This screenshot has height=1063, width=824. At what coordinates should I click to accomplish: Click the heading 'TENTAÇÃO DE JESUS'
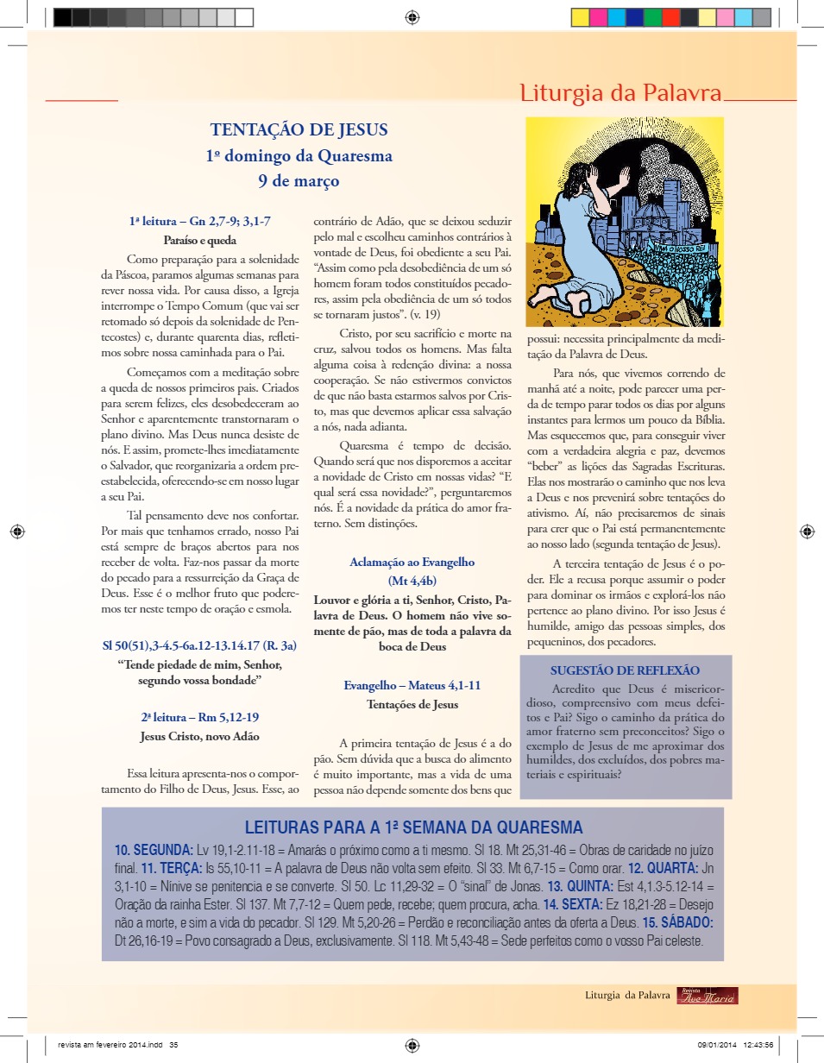[x=299, y=130]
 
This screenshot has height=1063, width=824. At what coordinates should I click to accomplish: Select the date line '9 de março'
[x=299, y=181]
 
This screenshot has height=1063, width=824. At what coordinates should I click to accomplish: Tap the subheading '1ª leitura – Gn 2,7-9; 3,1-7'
[x=200, y=222]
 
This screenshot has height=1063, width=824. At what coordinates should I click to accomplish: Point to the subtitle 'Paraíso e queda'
[x=200, y=241]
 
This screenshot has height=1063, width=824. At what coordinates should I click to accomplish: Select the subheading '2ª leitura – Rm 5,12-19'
[x=200, y=717]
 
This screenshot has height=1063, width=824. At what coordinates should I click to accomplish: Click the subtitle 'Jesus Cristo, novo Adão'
[x=200, y=737]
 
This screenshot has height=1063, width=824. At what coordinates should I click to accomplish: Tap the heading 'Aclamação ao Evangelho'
[x=412, y=562]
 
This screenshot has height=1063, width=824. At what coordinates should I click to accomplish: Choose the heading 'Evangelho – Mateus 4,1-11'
[x=412, y=685]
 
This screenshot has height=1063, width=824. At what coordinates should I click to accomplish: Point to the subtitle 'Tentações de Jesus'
[x=412, y=704]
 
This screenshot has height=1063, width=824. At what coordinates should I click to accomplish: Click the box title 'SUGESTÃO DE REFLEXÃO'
[x=625, y=670]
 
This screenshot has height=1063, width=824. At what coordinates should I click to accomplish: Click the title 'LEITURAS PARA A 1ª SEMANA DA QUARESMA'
[x=413, y=827]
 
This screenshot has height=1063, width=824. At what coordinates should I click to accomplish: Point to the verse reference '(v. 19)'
[x=423, y=314]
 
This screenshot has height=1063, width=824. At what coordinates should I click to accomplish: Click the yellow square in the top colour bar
[x=580, y=17]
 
